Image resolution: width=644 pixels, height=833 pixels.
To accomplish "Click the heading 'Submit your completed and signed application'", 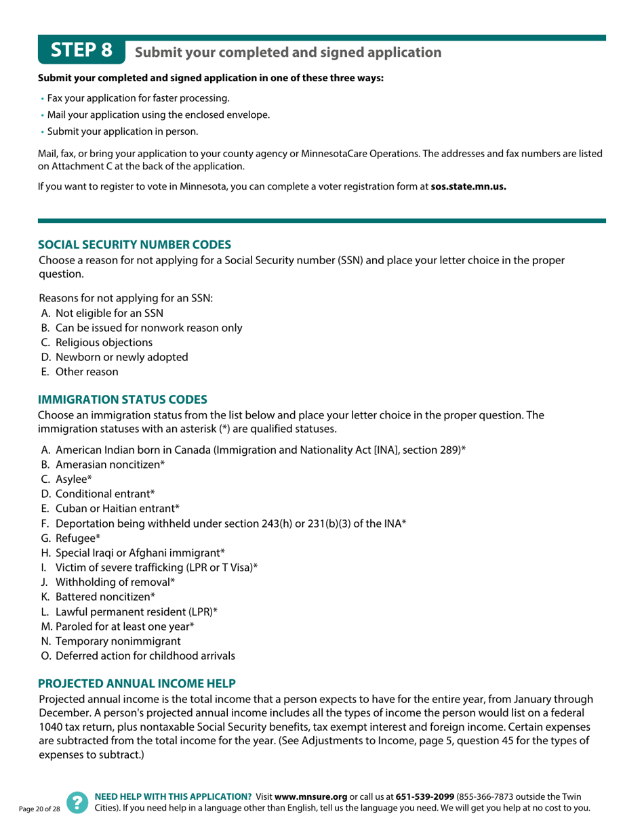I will [288, 52].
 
